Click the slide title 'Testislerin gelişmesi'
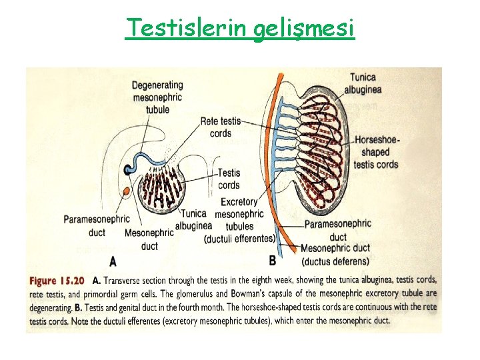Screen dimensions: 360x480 click(x=240, y=28)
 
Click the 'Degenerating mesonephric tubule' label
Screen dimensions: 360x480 click(x=157, y=97)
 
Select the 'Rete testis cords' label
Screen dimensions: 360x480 click(x=220, y=127)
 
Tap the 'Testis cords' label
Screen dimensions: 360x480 click(x=229, y=179)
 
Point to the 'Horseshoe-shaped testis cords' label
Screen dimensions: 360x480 click(x=377, y=152)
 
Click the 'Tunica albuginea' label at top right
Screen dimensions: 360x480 click(x=367, y=84)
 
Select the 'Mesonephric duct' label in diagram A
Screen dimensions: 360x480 click(x=150, y=239)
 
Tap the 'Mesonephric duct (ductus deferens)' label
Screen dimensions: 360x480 click(x=335, y=254)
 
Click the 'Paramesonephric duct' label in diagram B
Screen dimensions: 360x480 click(x=338, y=230)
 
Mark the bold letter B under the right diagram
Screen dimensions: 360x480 click(x=272, y=260)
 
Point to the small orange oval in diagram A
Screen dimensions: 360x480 click(x=127, y=193)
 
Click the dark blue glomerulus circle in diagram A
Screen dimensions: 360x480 click(x=129, y=169)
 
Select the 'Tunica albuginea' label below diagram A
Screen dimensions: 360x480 click(x=193, y=220)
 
